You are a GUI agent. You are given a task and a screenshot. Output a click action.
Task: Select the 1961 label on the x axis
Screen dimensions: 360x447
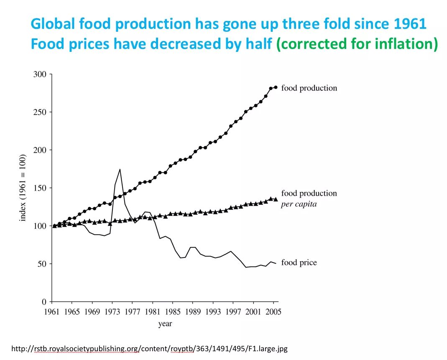51,311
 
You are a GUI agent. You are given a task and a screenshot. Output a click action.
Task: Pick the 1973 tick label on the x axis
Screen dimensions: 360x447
112,311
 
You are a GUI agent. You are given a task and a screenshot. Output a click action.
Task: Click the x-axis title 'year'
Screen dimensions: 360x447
165,324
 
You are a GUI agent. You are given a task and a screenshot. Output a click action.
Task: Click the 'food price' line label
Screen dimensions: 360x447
299,263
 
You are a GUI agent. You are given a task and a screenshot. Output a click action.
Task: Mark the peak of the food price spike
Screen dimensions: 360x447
120,169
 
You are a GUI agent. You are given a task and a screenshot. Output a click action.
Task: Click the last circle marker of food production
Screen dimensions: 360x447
276,87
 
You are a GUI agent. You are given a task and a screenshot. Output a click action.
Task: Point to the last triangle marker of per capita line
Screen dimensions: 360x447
276,199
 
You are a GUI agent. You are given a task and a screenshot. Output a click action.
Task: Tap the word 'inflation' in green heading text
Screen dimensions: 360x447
404,43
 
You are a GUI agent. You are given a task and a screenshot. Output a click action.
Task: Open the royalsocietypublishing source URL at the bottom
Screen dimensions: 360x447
150,348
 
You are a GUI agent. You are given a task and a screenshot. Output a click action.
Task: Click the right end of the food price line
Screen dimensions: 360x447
276,263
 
